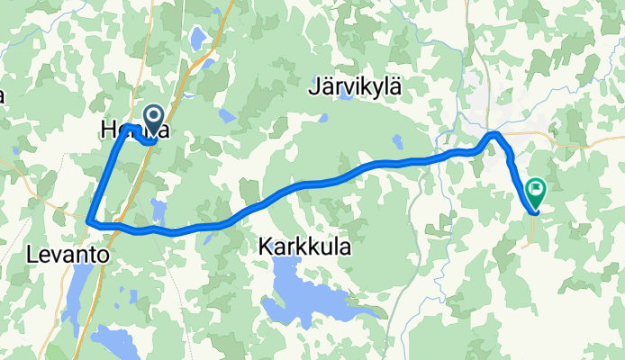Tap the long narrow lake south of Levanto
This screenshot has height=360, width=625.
pos(78,293)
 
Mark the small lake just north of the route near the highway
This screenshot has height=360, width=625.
pos(159,210)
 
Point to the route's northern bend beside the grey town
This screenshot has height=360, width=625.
pos(493,135)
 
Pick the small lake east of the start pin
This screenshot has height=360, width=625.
pos(222,115)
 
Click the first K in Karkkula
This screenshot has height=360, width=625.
pos(266,245)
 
